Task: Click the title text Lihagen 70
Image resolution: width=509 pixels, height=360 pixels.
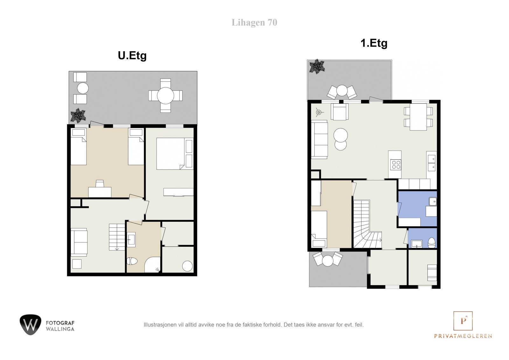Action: pos(254,23)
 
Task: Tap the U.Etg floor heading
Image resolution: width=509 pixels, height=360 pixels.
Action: pos(132,55)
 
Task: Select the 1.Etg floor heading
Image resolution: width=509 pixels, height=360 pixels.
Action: pos(374,43)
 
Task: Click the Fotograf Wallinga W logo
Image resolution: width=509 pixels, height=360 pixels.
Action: pos(31,325)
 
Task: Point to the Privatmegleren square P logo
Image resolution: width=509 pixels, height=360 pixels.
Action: pos(463,321)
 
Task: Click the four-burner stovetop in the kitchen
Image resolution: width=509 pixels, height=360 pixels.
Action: pos(396,165)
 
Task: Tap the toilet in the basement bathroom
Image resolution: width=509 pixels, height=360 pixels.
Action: pos(132,261)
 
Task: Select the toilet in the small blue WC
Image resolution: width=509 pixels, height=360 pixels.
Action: pos(431,243)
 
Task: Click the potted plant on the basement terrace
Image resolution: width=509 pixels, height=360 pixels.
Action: pos(78,115)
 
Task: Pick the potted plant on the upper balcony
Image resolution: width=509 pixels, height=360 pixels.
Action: pos(317,67)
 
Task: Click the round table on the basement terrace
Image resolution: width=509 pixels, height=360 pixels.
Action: pos(165,95)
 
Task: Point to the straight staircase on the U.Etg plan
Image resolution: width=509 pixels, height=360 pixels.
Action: pos(117,237)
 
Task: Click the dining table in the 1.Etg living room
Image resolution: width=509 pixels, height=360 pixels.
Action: pos(418,117)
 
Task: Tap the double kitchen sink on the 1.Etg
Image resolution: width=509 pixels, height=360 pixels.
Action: pos(431,163)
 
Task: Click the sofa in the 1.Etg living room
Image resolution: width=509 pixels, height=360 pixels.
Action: pos(319,140)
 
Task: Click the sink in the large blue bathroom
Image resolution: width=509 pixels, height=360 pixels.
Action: pos(433,201)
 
